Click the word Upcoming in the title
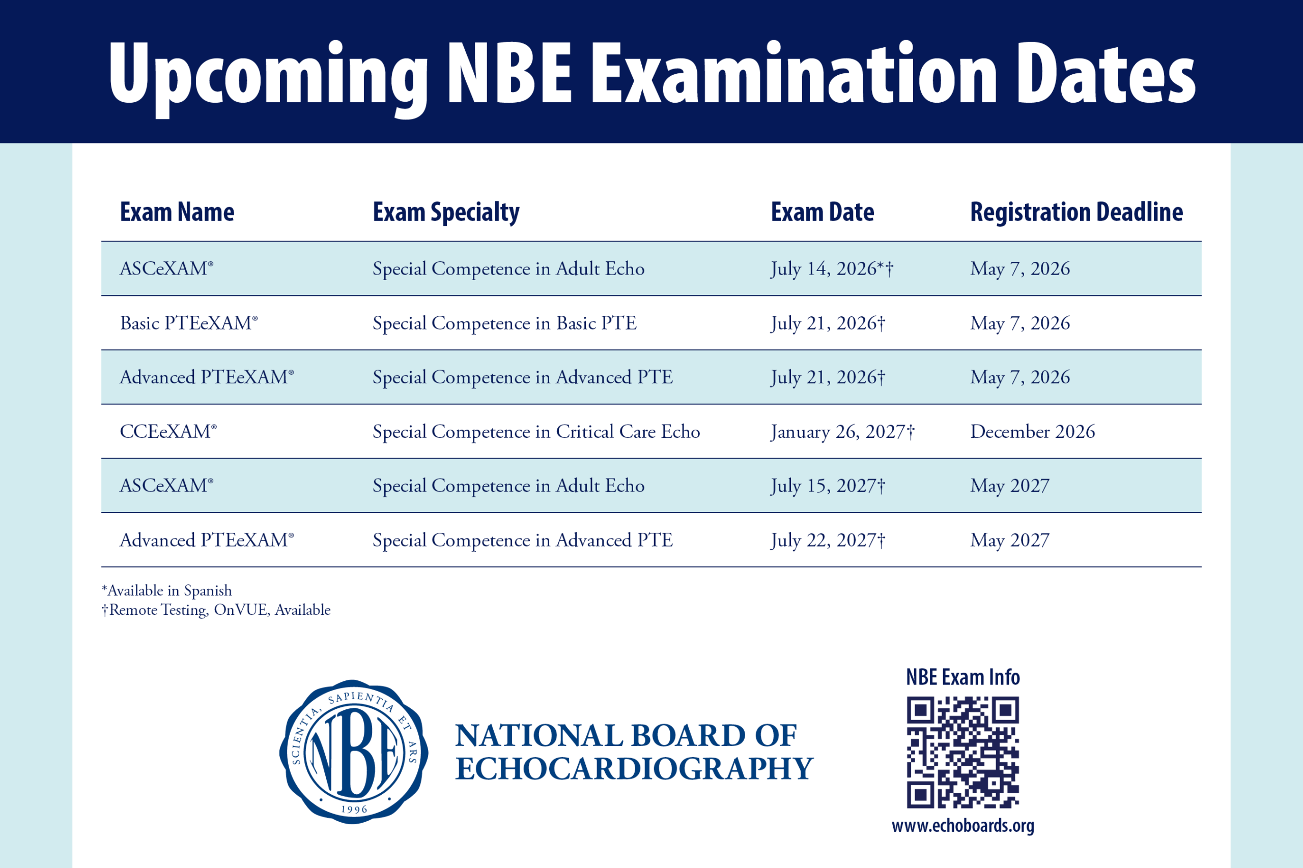tap(269, 77)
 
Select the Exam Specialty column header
tap(446, 213)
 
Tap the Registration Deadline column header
tap(1077, 212)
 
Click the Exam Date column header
tap(822, 212)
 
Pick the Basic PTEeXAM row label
tap(189, 323)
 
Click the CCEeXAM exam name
tap(168, 431)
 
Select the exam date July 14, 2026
tap(832, 268)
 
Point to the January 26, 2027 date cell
tap(842, 431)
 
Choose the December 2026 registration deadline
tap(1033, 431)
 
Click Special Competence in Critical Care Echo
tap(536, 432)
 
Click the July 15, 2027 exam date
tap(828, 486)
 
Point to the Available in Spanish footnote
tap(167, 591)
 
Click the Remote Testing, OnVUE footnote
tap(216, 610)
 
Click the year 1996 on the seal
tap(354, 810)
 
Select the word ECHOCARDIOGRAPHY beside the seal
tap(634, 769)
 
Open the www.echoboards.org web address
tap(963, 826)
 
